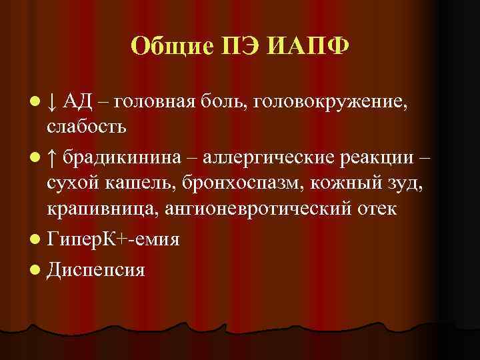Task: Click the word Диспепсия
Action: point(97,269)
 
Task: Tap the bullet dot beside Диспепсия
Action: point(35,269)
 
